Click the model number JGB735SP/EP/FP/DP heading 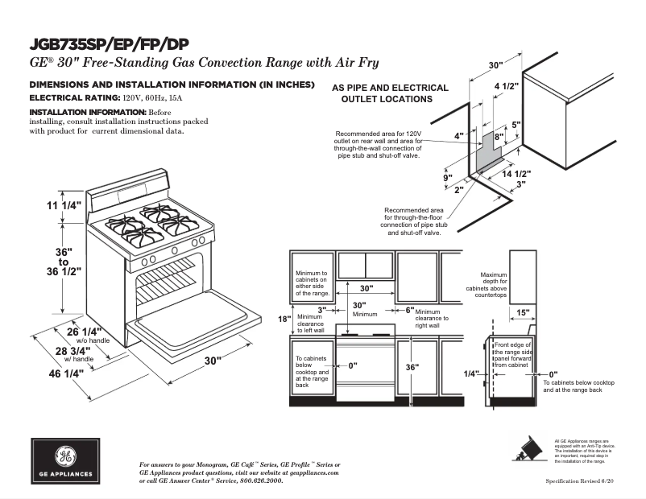(x=110, y=43)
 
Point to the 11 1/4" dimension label (x=64, y=205)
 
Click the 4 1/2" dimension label (x=506, y=85)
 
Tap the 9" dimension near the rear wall (x=447, y=177)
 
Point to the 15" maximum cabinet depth (x=523, y=312)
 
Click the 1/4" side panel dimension (x=471, y=373)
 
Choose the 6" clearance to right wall (x=409, y=310)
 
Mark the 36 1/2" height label (x=68, y=271)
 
